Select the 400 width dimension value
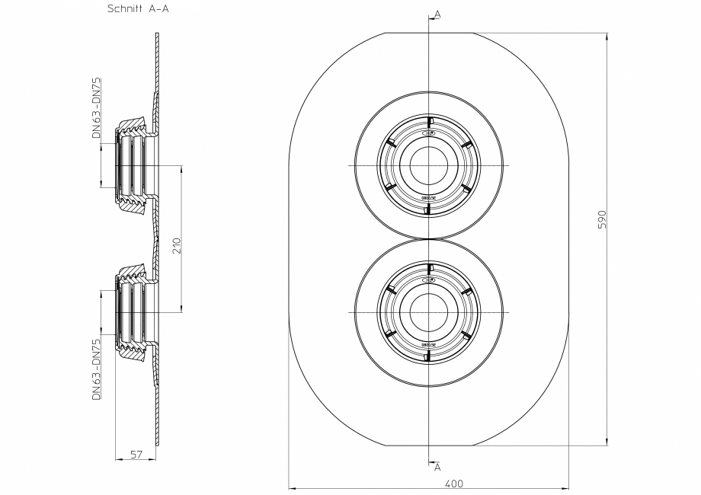(x=454, y=483)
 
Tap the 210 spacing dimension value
(x=176, y=244)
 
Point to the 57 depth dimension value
(x=136, y=454)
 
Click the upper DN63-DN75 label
(x=96, y=106)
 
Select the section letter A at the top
(x=437, y=14)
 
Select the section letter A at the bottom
(x=437, y=465)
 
